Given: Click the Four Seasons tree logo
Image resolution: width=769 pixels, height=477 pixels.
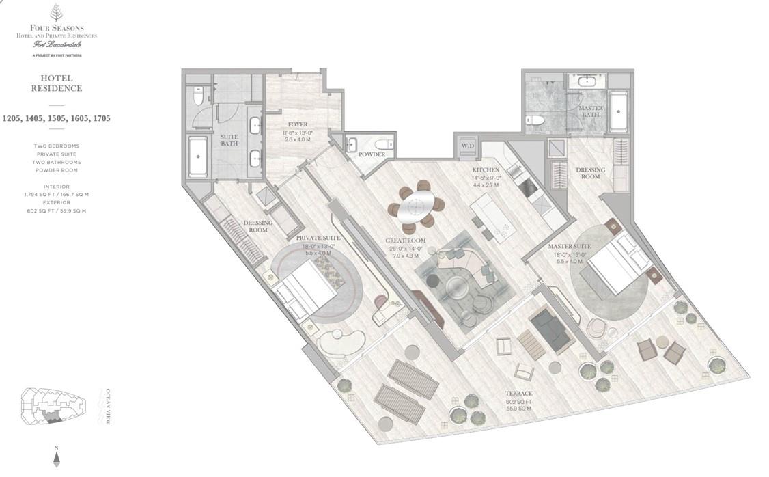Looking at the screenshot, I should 56,14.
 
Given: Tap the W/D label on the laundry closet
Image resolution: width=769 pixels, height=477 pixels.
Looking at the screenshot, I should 468,146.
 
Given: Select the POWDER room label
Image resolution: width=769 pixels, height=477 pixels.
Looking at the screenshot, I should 372,155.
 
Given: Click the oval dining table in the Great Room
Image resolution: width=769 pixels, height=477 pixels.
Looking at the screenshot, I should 416,206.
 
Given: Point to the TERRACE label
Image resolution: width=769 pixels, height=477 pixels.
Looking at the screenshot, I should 518,394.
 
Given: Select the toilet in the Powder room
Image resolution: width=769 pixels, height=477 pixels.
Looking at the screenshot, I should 384,144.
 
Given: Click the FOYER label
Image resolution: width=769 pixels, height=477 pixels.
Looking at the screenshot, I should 297,125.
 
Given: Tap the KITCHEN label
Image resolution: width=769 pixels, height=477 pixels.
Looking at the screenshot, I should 485,169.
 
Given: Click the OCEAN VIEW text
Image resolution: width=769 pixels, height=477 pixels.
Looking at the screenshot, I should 107,407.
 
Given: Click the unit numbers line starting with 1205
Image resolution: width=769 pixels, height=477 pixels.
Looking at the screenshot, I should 56,118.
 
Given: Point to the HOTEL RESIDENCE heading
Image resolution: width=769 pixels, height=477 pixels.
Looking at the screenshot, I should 56,83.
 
